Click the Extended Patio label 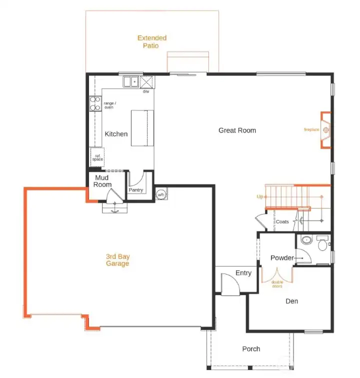click(151, 41)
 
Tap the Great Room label click(237, 130)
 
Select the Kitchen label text click(116, 134)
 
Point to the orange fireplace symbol click(325, 130)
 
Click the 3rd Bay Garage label click(117, 260)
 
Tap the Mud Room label click(102, 181)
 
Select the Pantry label click(135, 190)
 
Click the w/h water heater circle click(161, 194)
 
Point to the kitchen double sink click(131, 81)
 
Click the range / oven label click(108, 105)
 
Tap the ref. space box click(97, 157)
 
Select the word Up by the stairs click(260, 197)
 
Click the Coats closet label click(282, 221)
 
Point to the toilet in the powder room click(322, 245)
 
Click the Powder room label click(282, 258)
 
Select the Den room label click(291, 301)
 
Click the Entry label click(243, 273)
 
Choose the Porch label click(251, 348)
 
